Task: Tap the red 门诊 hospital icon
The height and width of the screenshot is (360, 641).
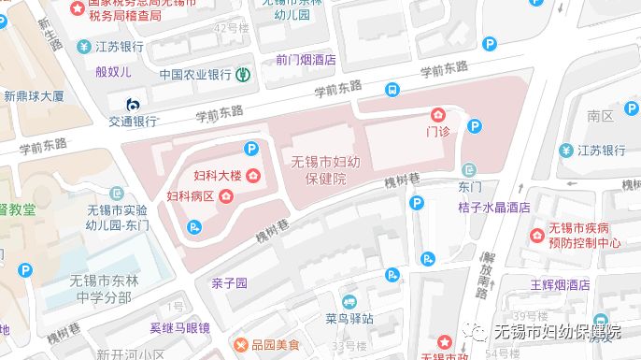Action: pyautogui.click(x=437, y=115)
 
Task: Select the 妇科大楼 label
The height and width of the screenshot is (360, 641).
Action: pyautogui.click(x=213, y=177)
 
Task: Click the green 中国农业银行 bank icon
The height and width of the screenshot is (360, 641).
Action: pyautogui.click(x=243, y=74)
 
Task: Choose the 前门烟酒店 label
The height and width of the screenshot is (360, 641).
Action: pyautogui.click(x=306, y=58)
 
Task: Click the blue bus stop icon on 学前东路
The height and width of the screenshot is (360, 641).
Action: pyautogui.click(x=392, y=90)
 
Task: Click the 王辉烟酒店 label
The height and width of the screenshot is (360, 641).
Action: pyautogui.click(x=560, y=284)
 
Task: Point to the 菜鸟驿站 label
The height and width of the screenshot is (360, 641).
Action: pyautogui.click(x=350, y=318)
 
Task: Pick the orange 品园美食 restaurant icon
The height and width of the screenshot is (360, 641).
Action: pyautogui.click(x=245, y=345)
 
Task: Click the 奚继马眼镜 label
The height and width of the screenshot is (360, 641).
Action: pyautogui.click(x=179, y=327)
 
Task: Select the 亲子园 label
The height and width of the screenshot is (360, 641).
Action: pyautogui.click(x=229, y=282)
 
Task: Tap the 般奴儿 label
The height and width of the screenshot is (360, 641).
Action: pyautogui.click(x=114, y=71)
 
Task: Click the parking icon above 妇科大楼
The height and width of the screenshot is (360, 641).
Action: pyautogui.click(x=250, y=148)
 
